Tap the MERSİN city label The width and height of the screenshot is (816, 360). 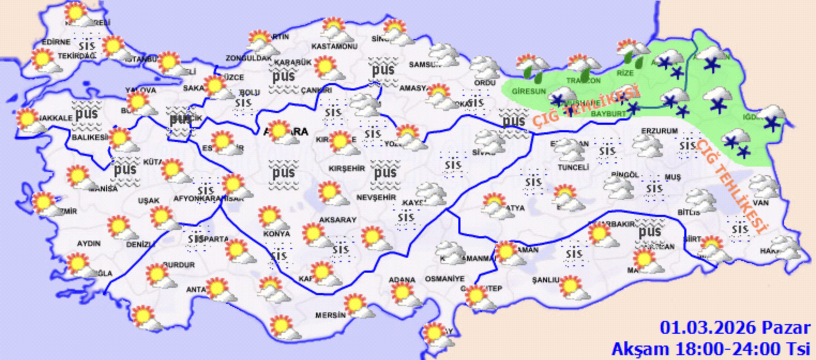point(330,315)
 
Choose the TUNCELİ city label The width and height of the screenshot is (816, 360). point(573,167)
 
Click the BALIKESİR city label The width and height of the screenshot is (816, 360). point(89,138)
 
